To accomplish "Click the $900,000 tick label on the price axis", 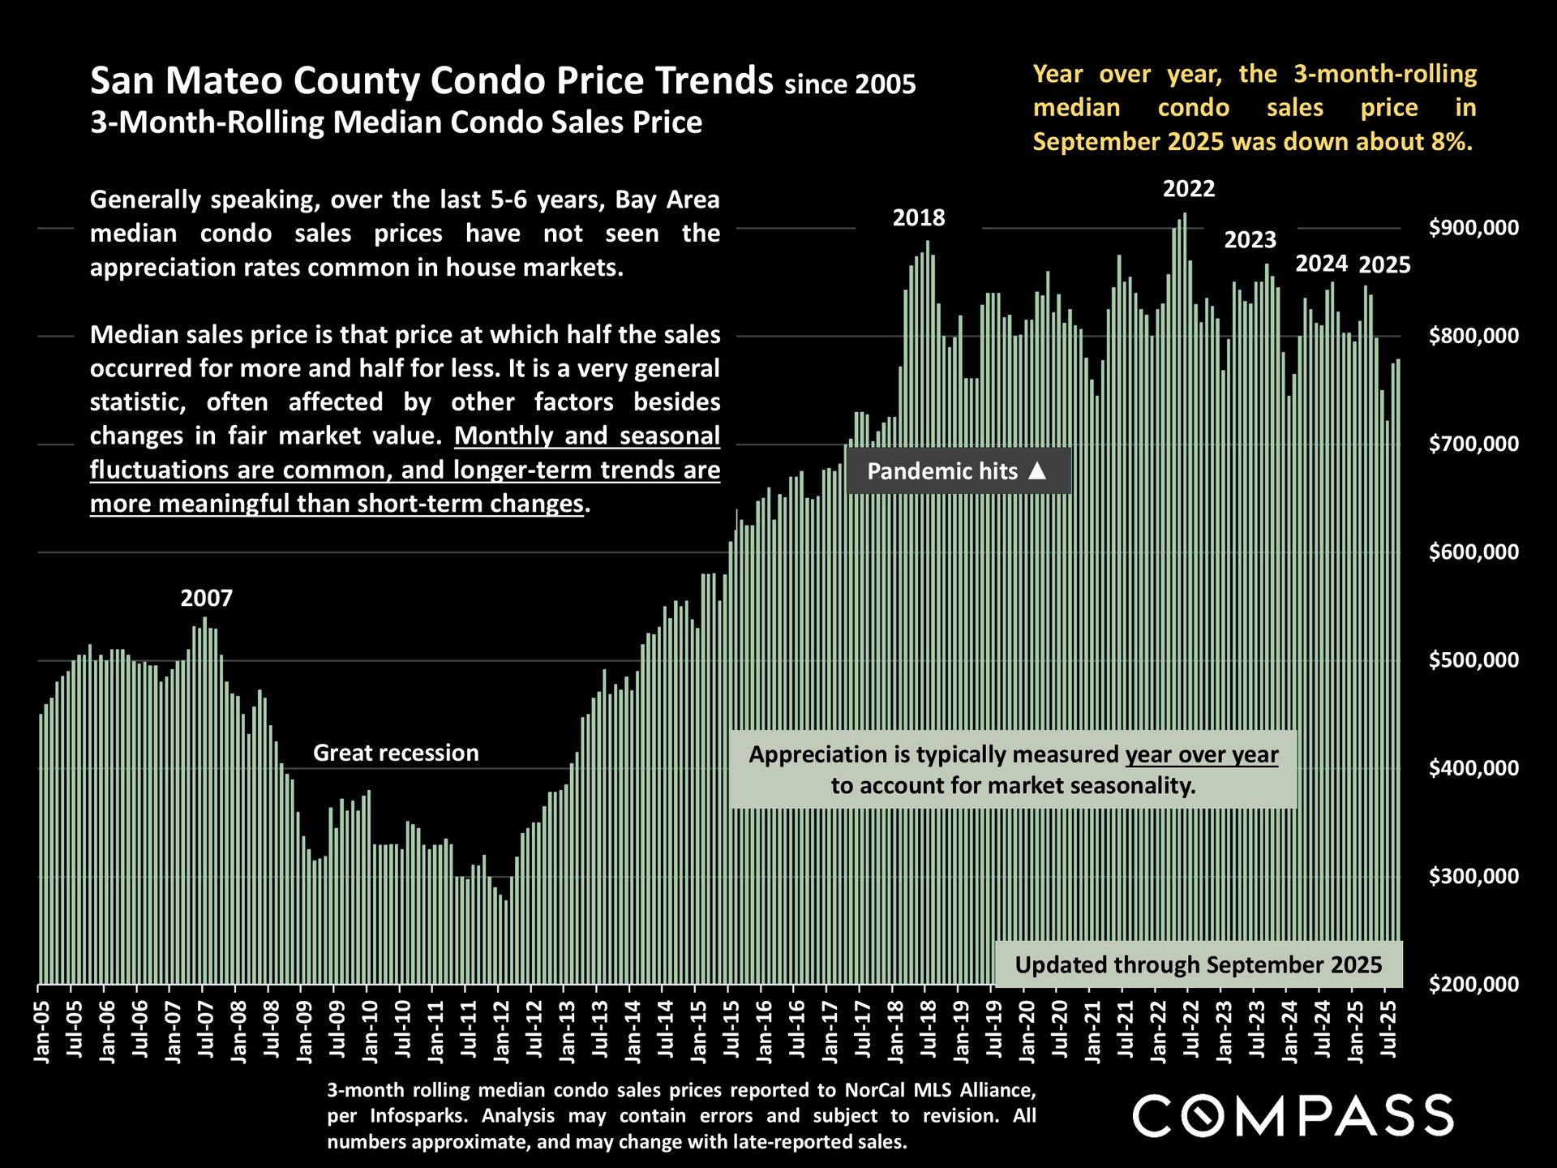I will [x=1473, y=228].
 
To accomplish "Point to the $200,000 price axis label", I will [x=1473, y=985].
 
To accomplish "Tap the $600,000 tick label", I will [x=1473, y=552].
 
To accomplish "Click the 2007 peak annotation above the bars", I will [x=206, y=599].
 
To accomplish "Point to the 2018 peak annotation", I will [x=919, y=218].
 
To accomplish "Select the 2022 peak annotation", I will [x=1189, y=189].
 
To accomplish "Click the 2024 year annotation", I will [x=1322, y=264].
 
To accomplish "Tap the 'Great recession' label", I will [x=396, y=754].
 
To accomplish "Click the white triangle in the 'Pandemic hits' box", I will [x=1037, y=471].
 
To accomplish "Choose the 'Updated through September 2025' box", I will [x=1199, y=964].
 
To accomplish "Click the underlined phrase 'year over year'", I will [x=1202, y=755].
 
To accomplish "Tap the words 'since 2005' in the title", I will [x=850, y=84].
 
